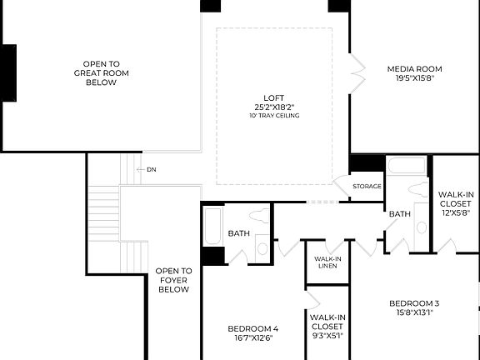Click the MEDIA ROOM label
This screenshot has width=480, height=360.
tap(414, 68)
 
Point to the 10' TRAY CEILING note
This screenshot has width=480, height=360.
tap(273, 115)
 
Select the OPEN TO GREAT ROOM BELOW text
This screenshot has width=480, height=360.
tap(101, 72)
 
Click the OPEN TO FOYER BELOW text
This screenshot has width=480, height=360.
tap(173, 280)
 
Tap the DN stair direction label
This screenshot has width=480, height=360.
tap(151, 170)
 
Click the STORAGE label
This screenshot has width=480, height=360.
tap(367, 186)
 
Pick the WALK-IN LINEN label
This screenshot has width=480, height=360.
tap(327, 262)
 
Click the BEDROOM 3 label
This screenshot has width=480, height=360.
tap(413, 302)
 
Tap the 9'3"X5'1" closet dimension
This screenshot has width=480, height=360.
tap(327, 337)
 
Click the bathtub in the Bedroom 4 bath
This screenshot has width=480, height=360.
tap(212, 227)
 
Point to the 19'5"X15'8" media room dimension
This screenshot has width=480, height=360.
tap(414, 78)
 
